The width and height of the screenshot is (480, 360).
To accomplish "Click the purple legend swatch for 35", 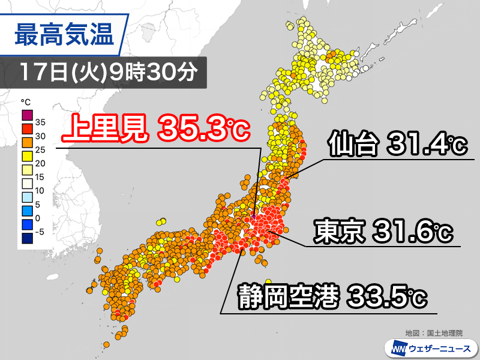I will coord(27,115).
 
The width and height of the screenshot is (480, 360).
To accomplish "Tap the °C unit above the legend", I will coord(25,101).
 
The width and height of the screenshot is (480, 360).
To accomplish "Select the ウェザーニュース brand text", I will coord(439,348).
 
